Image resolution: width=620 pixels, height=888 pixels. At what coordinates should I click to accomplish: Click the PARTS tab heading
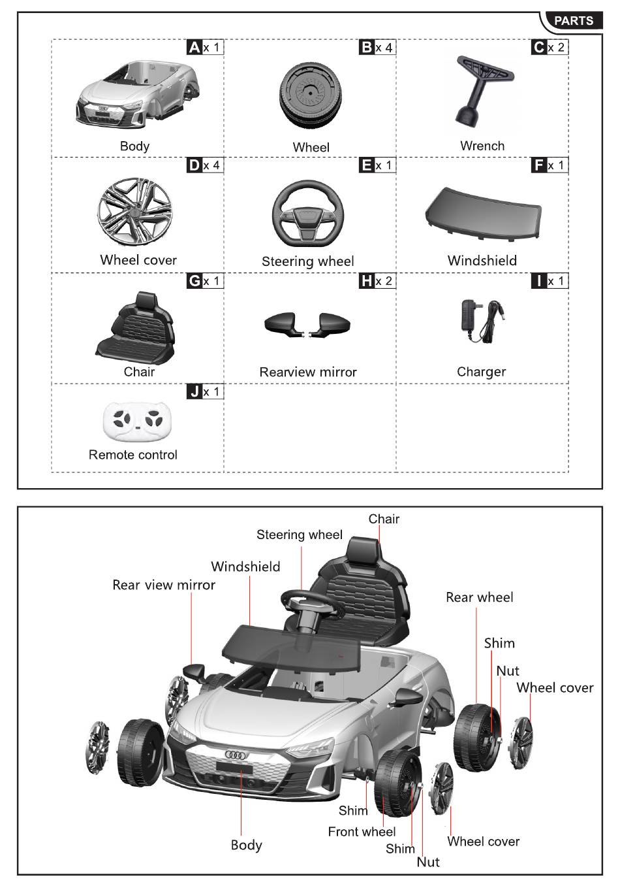click(x=573, y=21)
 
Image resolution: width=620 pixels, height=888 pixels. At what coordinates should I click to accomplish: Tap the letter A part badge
click(x=194, y=47)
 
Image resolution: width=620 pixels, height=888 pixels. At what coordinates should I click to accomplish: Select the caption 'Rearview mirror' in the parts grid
click(x=308, y=372)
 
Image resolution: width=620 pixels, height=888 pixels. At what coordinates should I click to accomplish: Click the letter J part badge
click(x=194, y=392)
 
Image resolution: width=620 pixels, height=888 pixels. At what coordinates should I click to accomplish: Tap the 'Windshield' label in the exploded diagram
click(x=245, y=567)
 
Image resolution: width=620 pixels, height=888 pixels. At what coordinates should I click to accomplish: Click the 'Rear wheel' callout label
click(x=479, y=597)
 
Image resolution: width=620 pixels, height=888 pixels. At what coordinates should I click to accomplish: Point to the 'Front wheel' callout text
click(x=362, y=832)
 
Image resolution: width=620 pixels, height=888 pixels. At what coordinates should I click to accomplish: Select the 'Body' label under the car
click(x=246, y=845)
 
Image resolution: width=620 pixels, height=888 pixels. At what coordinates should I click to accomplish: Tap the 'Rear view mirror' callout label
click(x=164, y=585)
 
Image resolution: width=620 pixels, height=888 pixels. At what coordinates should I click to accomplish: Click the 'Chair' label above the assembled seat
click(x=384, y=519)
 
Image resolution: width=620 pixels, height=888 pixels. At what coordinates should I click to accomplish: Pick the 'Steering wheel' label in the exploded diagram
click(x=299, y=535)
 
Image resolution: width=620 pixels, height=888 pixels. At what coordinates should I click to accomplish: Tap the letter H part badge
click(x=367, y=281)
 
